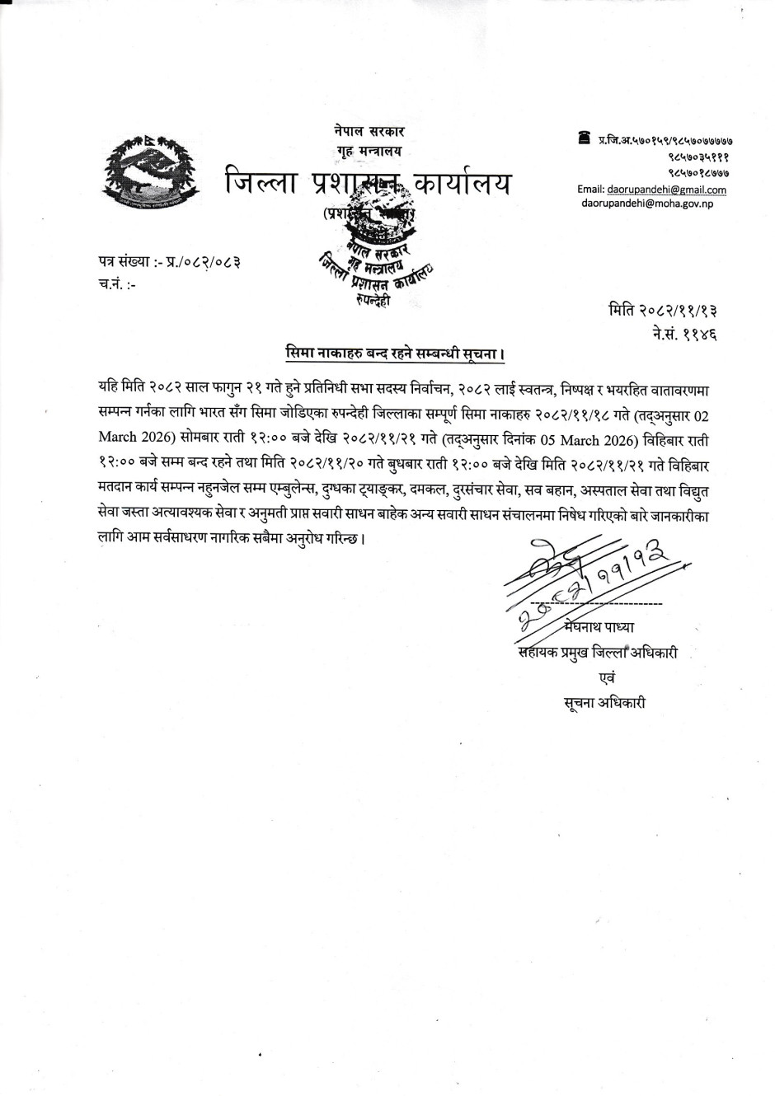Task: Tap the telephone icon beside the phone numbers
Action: click(585, 137)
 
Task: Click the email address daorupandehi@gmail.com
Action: click(666, 190)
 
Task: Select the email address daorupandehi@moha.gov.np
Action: click(647, 202)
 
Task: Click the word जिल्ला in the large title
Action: click(263, 183)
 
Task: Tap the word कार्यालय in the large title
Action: click(458, 183)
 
